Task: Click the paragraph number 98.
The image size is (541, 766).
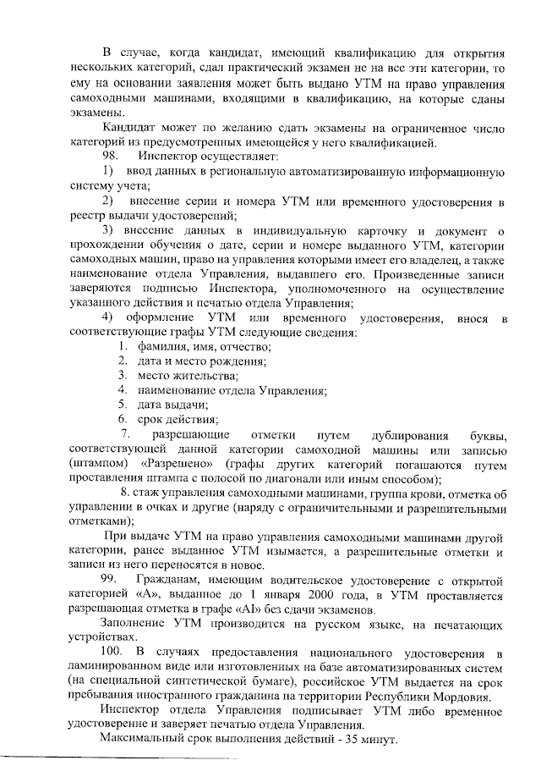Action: (112, 157)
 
